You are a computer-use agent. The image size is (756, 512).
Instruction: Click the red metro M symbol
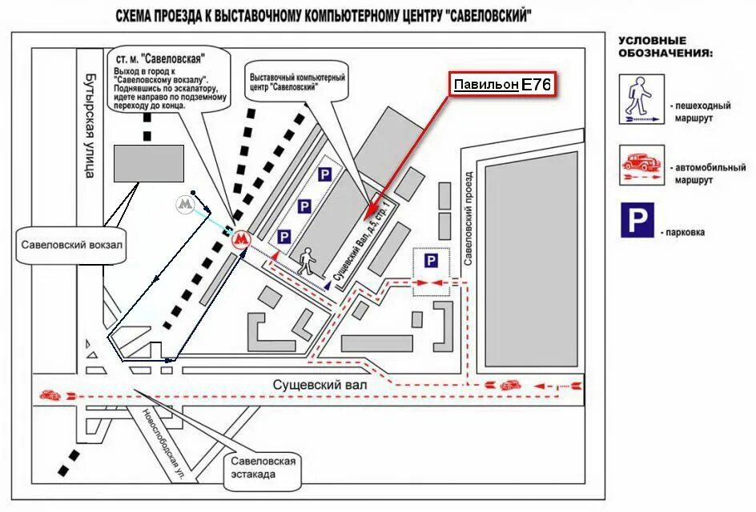click(240, 238)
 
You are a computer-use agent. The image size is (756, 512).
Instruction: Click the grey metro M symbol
click(185, 205)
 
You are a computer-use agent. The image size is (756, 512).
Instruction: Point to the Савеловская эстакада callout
click(263, 467)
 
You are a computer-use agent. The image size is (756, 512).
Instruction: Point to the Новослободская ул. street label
click(165, 444)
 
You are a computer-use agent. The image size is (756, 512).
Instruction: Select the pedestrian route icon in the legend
click(641, 100)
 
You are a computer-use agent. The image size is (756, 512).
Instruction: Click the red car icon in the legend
click(641, 162)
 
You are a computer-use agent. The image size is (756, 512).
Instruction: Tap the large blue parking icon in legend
click(637, 220)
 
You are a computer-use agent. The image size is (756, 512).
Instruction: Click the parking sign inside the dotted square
click(431, 261)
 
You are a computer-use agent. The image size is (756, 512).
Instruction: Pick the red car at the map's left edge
click(50, 395)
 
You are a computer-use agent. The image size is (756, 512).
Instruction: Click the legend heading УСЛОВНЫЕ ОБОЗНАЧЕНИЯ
click(664, 46)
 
